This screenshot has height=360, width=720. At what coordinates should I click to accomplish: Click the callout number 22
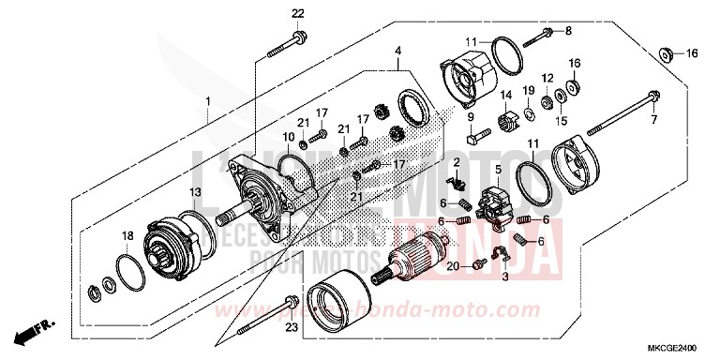(297, 13)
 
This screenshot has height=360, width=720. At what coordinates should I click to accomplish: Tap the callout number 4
(397, 50)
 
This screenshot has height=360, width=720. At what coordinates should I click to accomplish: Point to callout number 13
(196, 191)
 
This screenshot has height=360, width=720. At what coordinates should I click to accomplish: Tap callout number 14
(503, 95)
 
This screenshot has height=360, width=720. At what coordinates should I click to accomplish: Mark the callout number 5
(499, 170)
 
